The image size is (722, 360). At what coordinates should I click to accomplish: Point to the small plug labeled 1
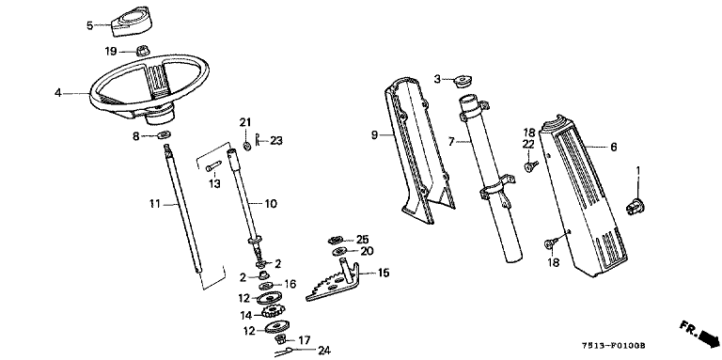(635, 206)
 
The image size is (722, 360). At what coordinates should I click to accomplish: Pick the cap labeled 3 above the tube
(461, 82)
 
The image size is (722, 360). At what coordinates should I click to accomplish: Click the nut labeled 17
(279, 340)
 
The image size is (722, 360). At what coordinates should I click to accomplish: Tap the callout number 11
(154, 203)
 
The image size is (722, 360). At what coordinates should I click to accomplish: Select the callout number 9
(374, 135)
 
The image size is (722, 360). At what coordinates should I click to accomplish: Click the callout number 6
(613, 147)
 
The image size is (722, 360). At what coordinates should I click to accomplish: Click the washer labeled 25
(336, 240)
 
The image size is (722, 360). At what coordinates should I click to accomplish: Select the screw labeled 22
(529, 165)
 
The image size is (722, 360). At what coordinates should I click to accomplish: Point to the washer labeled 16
(266, 286)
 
